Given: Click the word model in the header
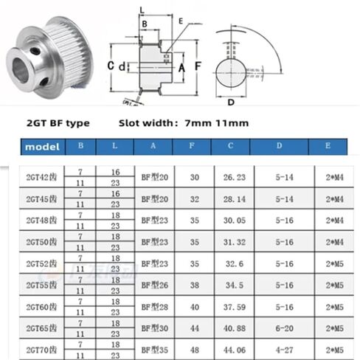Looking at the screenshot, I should (x=42, y=146).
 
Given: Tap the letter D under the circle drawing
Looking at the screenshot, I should (x=231, y=102).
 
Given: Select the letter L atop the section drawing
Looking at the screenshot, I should (x=142, y=9).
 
